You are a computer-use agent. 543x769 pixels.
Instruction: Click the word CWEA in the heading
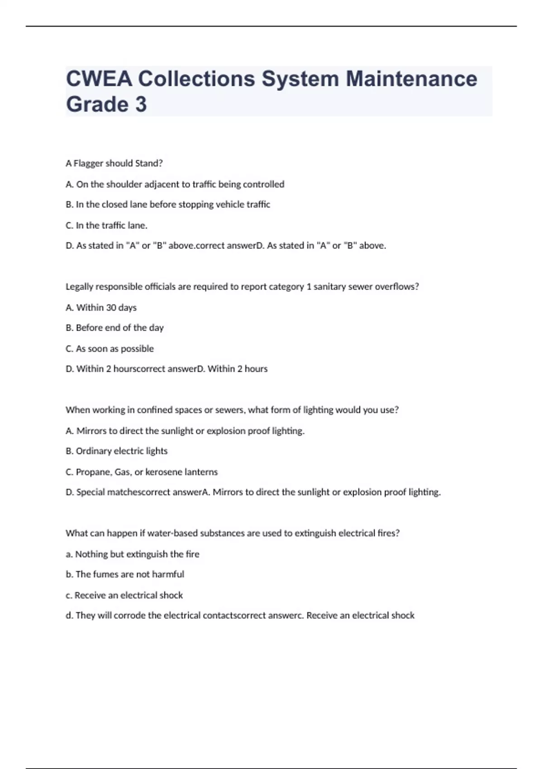click(x=99, y=79)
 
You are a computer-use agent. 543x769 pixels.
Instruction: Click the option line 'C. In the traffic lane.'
click(x=106, y=225)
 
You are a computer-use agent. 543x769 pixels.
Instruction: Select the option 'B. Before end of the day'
click(x=114, y=328)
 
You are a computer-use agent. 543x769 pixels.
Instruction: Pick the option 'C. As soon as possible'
click(x=110, y=349)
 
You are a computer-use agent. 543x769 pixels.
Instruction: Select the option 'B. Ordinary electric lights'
click(x=116, y=451)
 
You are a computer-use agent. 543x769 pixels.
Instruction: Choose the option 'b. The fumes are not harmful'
click(x=124, y=574)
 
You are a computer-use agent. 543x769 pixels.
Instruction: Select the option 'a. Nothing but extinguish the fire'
click(x=132, y=554)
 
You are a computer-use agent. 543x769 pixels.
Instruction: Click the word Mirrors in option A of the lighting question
click(x=91, y=431)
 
